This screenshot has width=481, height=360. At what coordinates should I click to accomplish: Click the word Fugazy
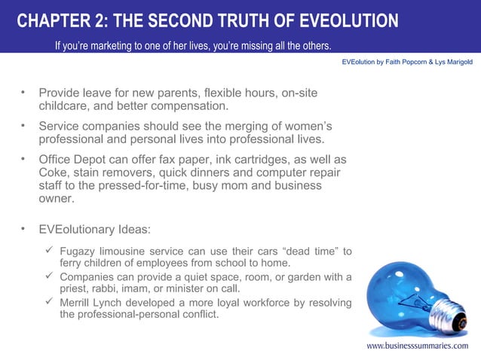tap(80, 251)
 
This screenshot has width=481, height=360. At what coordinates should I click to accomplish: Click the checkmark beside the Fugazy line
tap(49, 250)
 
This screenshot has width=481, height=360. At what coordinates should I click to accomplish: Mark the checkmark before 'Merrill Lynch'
tap(49, 302)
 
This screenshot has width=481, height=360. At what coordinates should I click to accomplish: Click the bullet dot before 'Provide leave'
tap(23, 93)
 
